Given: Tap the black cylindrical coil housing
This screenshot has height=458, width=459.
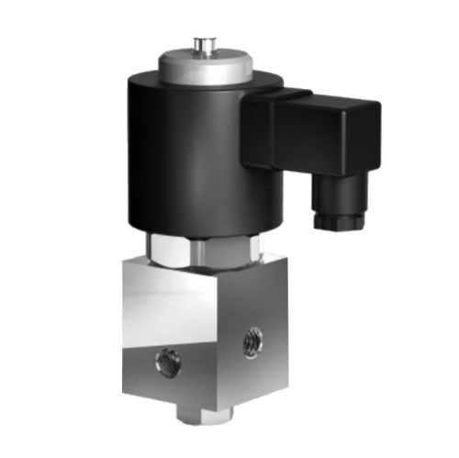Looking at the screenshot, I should [184, 156].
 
